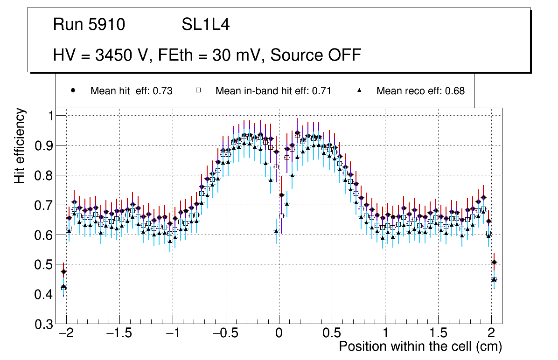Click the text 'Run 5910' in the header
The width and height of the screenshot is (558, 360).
(x=89, y=25)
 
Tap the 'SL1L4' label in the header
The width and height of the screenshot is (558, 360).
(x=206, y=25)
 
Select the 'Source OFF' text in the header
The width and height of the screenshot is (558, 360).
(x=316, y=55)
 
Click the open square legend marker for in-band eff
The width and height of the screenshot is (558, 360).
(x=198, y=91)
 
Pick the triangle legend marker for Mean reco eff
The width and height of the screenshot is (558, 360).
(x=360, y=91)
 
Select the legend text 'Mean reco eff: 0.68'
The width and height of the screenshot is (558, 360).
(x=420, y=91)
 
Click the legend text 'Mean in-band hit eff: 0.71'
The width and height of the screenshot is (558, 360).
(x=273, y=91)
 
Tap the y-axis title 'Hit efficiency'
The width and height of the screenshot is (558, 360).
(x=20, y=145)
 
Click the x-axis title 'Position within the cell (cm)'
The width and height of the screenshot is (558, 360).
(x=420, y=346)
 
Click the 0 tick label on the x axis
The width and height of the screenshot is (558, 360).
(x=279, y=334)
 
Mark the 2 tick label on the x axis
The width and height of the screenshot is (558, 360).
(x=491, y=334)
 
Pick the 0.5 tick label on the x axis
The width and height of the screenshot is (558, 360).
(x=332, y=334)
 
